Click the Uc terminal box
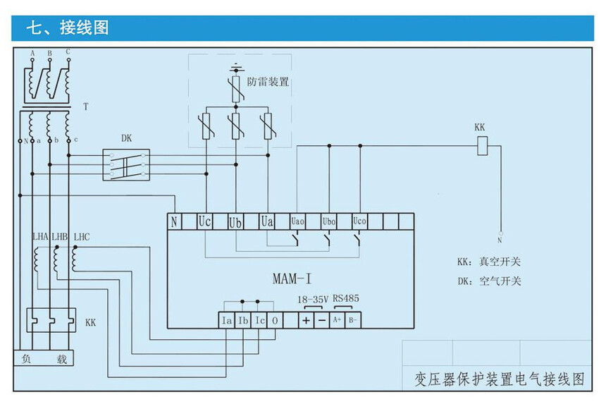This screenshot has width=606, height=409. (x=205, y=221)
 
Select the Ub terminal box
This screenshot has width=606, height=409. (x=236, y=221)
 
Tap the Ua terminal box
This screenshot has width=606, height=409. (x=267, y=221)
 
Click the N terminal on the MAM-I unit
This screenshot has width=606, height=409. (x=174, y=221)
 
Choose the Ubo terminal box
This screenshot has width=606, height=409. (x=328, y=221)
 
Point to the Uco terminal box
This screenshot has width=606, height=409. (x=359, y=221)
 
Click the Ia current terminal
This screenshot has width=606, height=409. (x=227, y=320)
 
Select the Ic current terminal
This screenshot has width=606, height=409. (x=260, y=320)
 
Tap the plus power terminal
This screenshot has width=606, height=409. (x=306, y=320)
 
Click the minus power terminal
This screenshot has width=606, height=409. (x=321, y=320)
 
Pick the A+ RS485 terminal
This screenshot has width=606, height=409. (x=338, y=320)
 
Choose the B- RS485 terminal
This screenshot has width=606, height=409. (x=354, y=320)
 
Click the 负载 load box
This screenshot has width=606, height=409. (x=44, y=359)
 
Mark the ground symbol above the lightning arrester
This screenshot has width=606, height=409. (x=236, y=68)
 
